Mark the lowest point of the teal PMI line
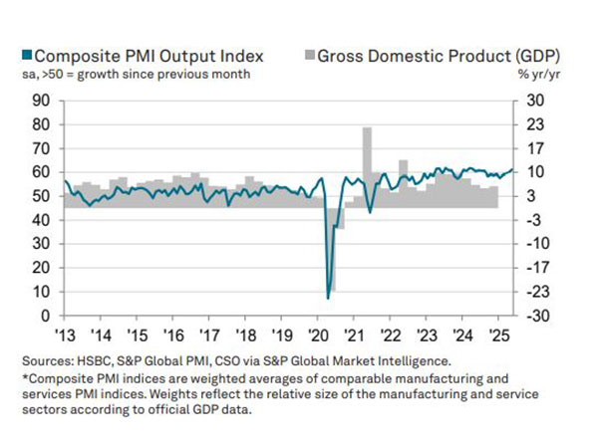coord(328,297)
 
